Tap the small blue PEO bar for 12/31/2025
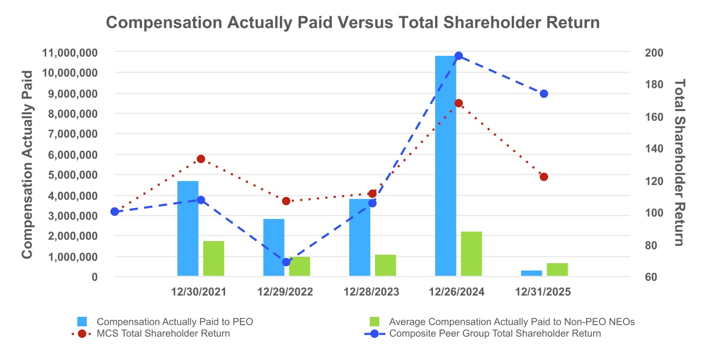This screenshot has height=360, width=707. tap(531, 273)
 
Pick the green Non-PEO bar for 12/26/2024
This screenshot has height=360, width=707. tap(471, 253)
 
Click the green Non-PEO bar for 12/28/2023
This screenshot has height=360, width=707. tap(385, 265)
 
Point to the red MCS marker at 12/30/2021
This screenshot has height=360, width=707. tap(200, 159)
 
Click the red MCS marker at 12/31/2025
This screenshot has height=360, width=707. tap(544, 177)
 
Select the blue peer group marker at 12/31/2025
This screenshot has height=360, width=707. tap(544, 94)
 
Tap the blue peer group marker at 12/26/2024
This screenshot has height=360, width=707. tap(458, 56)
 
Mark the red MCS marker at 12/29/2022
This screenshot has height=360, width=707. tap(286, 201)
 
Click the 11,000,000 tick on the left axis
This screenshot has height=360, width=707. tap(72, 53)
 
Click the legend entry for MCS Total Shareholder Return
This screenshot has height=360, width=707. tap(163, 334)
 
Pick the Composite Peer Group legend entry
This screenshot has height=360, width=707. tap(494, 334)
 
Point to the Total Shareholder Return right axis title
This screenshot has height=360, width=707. tap(679, 162)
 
